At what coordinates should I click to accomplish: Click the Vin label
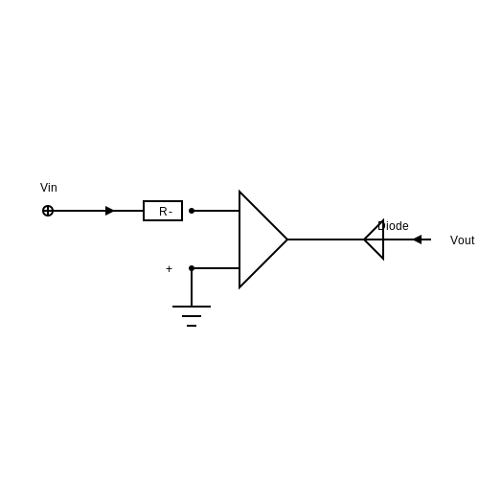[x=49, y=188]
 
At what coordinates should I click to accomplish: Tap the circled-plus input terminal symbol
[x=48, y=211]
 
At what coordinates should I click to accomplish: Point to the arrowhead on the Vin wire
[x=109, y=211]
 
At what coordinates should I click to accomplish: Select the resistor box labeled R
[x=163, y=211]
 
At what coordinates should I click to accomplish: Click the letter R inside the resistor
[x=163, y=212]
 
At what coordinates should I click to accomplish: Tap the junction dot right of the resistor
[x=192, y=211]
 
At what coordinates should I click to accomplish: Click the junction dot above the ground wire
[x=192, y=268]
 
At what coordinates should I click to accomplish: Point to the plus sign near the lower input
[x=169, y=269]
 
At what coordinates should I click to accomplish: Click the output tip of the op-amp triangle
[x=287, y=239]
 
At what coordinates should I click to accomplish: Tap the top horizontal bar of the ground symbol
[x=192, y=307]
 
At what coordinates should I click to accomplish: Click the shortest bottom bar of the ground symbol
[x=192, y=326]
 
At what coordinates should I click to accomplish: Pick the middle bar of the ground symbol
[x=192, y=316]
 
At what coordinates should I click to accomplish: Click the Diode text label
[x=393, y=226]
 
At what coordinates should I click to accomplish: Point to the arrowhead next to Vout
[x=418, y=239]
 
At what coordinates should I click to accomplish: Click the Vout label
[x=462, y=240]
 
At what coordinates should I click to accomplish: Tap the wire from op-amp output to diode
[x=326, y=239]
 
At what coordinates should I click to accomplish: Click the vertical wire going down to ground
[x=192, y=287]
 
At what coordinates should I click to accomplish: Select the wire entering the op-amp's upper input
[x=216, y=211]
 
